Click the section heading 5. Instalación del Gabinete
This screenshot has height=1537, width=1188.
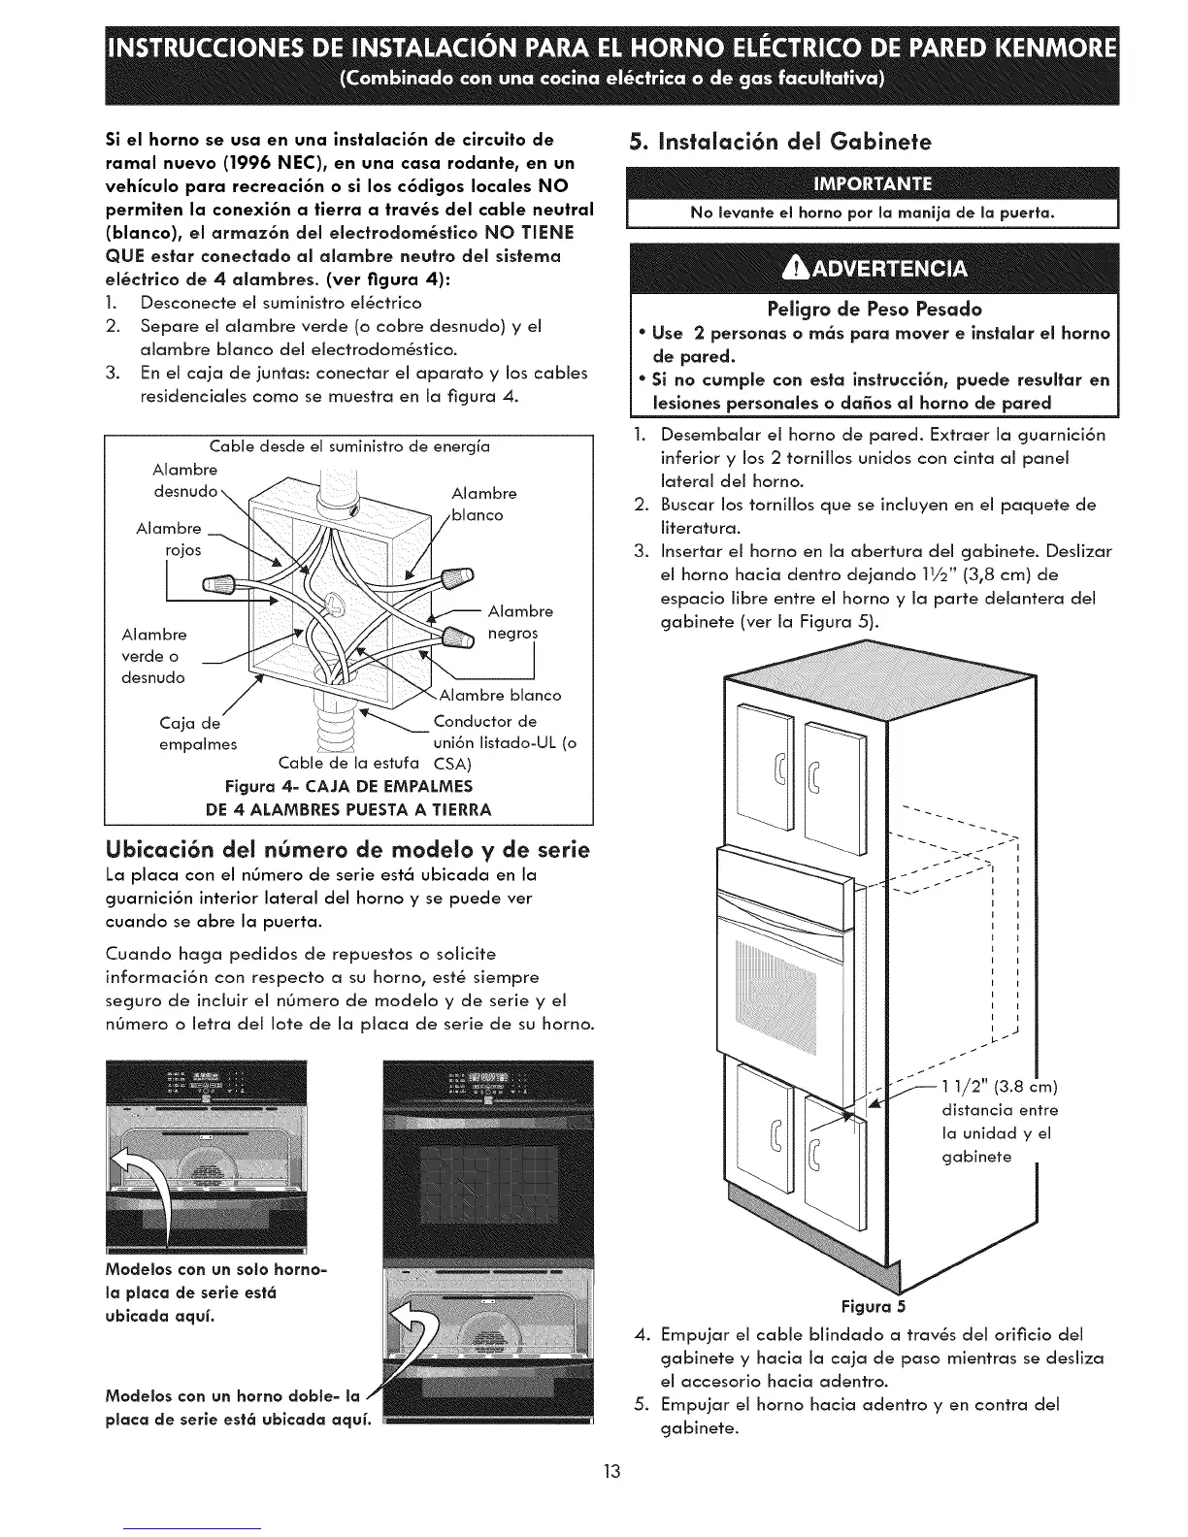pyautogui.click(x=779, y=142)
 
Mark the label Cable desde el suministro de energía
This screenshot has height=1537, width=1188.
pyautogui.click(x=349, y=447)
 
